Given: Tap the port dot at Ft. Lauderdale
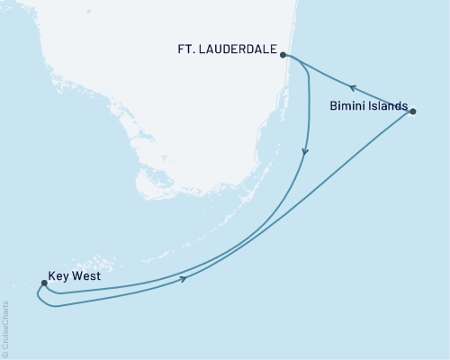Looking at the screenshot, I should tap(283, 55).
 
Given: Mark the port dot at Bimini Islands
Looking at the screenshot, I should tap(413, 111).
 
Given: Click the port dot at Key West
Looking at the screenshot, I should tap(43, 283).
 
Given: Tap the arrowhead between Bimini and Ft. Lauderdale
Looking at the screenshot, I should tap(354, 88).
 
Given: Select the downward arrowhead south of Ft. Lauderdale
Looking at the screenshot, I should tap(305, 153).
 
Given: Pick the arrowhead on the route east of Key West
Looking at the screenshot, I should tap(184, 280).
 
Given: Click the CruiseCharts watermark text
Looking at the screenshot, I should tap(6, 328).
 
